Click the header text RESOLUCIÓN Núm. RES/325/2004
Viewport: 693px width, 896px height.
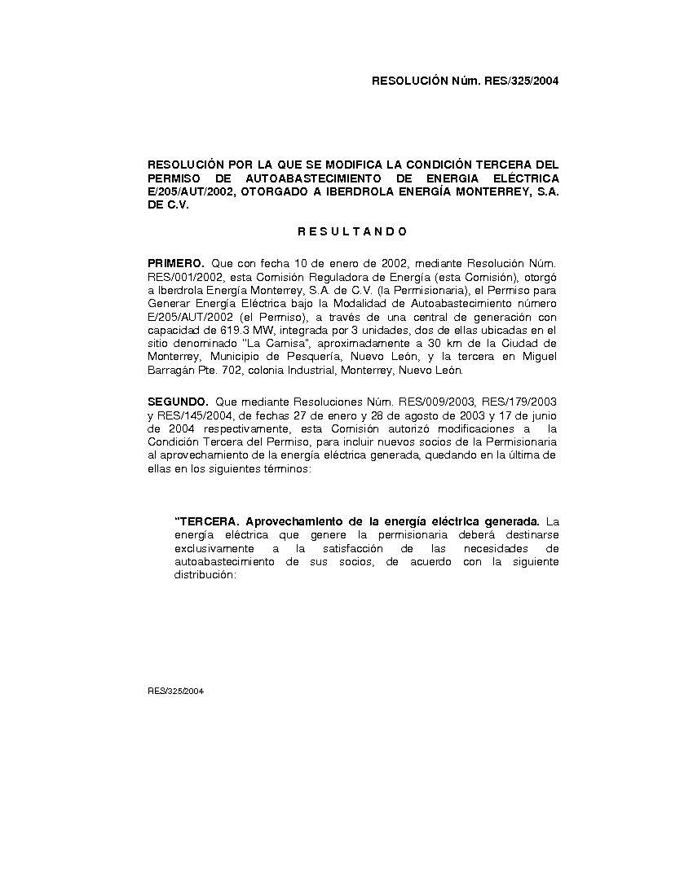click(465, 81)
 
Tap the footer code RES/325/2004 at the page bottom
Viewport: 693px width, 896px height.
click(175, 691)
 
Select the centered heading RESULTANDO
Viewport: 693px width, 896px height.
click(352, 231)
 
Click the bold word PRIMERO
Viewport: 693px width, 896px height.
click(175, 263)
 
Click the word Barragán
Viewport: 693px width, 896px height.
click(174, 371)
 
